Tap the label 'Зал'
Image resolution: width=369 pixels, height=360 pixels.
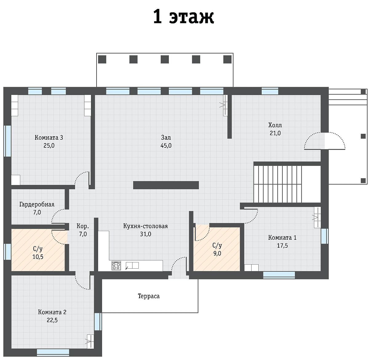(166, 137)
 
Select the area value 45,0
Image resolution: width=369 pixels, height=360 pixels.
(166, 145)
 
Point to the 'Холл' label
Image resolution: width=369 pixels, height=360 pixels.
(275, 125)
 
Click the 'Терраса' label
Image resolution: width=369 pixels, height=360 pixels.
(149, 296)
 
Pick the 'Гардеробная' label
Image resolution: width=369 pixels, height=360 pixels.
(37, 204)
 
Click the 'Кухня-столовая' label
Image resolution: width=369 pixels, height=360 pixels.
(145, 226)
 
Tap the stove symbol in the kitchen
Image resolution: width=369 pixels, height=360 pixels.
(116, 266)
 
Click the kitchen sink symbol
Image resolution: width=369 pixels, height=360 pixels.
(132, 266)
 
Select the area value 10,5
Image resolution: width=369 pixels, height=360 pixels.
(38, 257)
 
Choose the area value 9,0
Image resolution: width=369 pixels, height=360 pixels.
(217, 253)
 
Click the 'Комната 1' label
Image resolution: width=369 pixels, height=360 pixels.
(282, 238)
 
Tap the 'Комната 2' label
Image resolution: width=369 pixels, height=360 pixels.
(52, 312)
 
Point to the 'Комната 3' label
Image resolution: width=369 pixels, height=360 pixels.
(49, 137)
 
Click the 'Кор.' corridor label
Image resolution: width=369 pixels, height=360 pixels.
(83, 226)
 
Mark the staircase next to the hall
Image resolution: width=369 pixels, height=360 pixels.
(277, 184)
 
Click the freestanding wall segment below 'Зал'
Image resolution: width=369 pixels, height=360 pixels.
(166, 185)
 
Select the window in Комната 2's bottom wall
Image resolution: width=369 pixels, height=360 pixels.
(53, 352)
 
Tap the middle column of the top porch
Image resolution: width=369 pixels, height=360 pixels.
(165, 59)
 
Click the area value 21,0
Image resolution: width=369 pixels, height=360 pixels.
(275, 133)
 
